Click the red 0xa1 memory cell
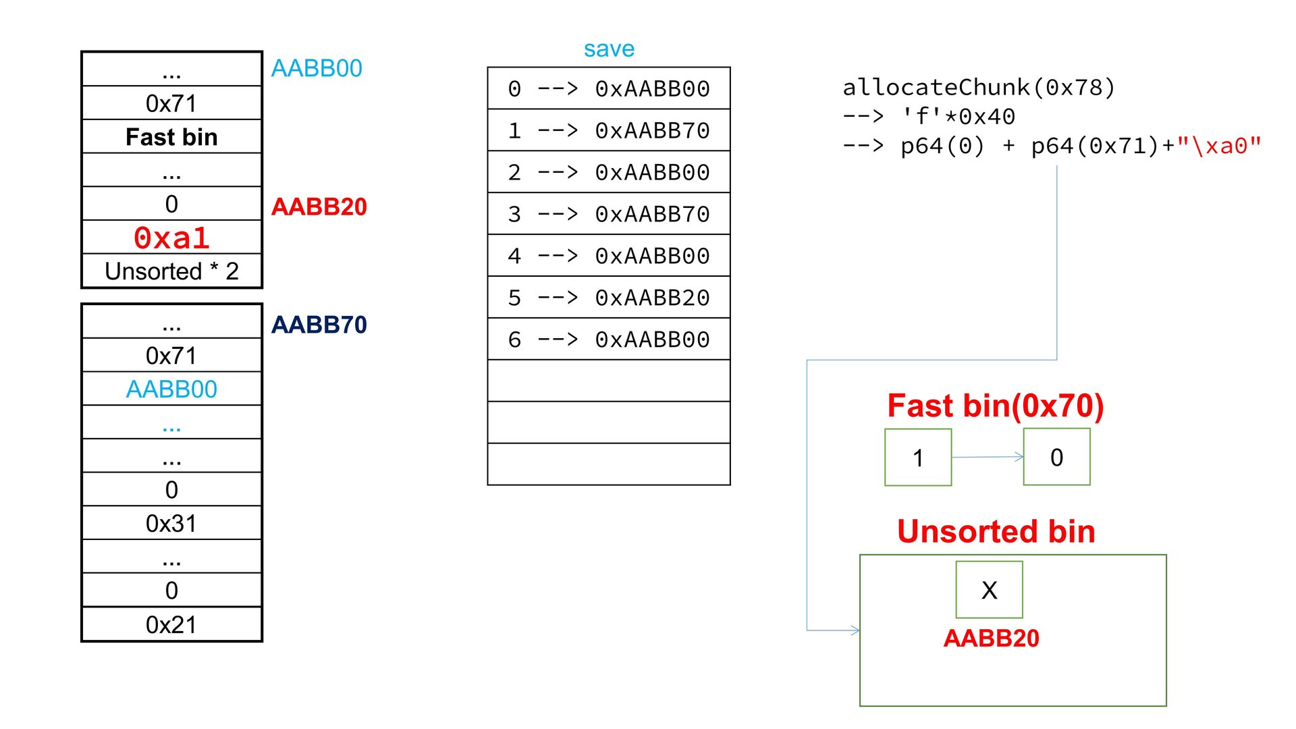coord(171,238)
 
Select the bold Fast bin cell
coord(171,137)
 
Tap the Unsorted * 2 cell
coord(171,271)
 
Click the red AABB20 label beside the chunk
coord(319,207)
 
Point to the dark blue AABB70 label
coord(319,325)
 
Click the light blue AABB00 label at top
coord(317,68)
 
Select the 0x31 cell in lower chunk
coord(171,523)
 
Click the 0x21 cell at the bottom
coord(171,624)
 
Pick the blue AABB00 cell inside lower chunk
coord(171,389)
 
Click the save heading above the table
coord(609,49)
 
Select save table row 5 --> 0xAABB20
coord(609,298)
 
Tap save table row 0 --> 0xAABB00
coord(609,88)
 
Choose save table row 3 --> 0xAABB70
coord(609,214)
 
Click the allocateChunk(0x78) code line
coord(979,87)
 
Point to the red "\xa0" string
coord(1219,146)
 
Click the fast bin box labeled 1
coord(918,458)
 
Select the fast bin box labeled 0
coord(1056,458)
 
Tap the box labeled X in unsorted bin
coord(989,590)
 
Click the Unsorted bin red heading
coord(996,531)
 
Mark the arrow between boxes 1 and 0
coord(988,457)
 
